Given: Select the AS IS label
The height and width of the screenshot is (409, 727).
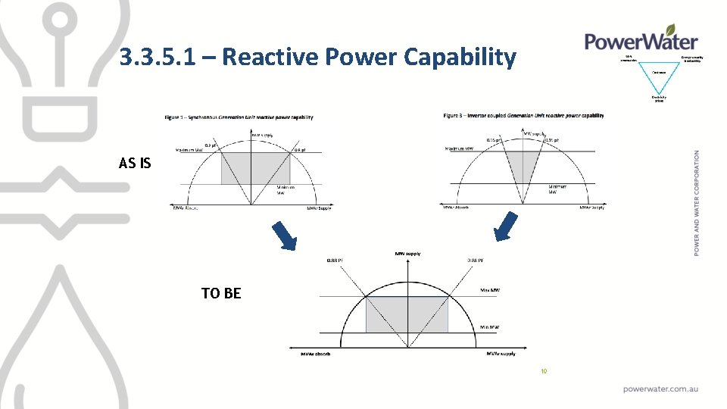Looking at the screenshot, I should coord(135,162).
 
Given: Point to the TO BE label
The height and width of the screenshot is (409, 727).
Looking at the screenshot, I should coord(221,293).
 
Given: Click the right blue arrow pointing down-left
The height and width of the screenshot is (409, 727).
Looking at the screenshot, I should coord(505,226).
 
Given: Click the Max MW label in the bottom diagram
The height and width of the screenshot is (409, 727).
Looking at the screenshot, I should coord(490,290).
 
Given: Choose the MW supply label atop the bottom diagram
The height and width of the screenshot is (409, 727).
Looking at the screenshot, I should coord(407,254).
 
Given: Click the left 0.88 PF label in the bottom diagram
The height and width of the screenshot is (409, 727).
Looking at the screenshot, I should coord(335,261).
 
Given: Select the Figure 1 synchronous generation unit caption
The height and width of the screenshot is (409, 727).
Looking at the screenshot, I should coord(239,117).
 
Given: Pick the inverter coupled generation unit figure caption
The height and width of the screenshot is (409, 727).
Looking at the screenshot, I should coord(523,116).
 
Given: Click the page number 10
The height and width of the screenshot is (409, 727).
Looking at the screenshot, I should coord(543,371).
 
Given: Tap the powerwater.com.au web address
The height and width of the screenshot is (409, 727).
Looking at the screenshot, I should coord(660,389).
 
